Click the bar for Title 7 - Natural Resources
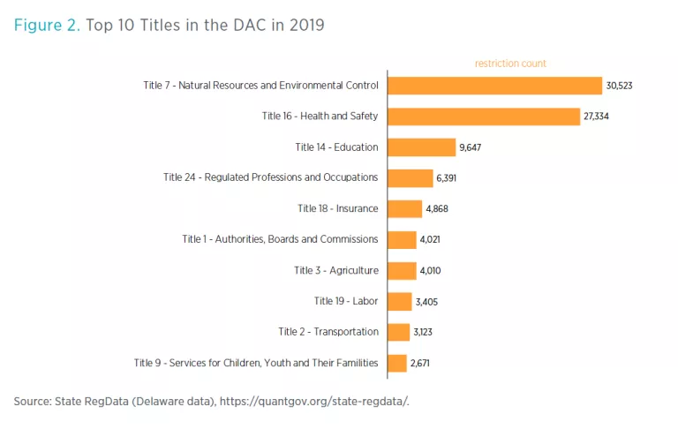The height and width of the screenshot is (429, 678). coord(494,86)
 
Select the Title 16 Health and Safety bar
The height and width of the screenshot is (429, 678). coord(482,117)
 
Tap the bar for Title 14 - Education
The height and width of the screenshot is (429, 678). coord(420,147)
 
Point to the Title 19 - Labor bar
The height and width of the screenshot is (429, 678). coord(400,301)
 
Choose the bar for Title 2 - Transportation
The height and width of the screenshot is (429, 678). coord(399,332)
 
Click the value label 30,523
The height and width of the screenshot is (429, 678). coord(619,86)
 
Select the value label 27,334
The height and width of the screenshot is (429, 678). coord(595,117)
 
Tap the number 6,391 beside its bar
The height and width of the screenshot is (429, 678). coord(446,178)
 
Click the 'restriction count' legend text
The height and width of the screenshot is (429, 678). coord(510,64)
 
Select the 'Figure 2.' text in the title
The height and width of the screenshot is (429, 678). coord(47,25)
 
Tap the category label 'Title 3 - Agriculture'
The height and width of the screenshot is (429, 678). coord(336,270)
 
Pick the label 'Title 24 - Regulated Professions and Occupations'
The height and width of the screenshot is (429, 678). coord(271,177)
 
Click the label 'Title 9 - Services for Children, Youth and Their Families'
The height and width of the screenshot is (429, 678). coord(256,363)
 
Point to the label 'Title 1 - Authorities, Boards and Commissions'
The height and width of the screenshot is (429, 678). coord(280,239)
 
